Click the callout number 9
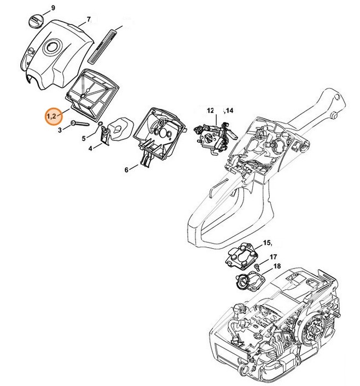pos(53,7)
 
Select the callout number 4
pos(90,147)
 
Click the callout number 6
pos(127,169)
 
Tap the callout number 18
pos(276,266)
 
